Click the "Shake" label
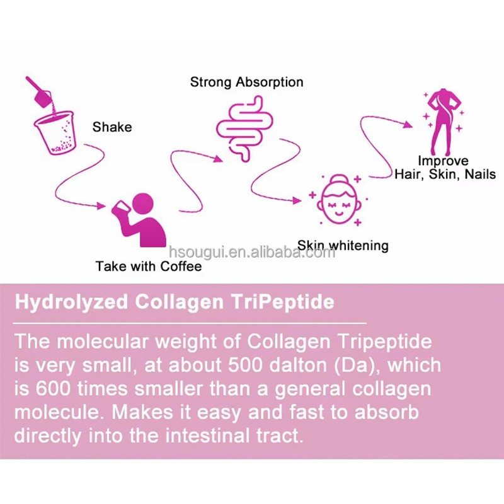pos(112,127)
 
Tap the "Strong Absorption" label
pos(246,83)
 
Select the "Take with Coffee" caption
pos(149,266)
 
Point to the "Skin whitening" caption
pos(343,246)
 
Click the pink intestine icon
pos(244,128)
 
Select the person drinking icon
pos(139,219)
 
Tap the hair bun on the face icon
pos(339,180)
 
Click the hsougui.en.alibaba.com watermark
pos(252,253)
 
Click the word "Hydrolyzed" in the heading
pos(71,302)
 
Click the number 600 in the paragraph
pos(53,389)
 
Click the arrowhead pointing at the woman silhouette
pos(408,125)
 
